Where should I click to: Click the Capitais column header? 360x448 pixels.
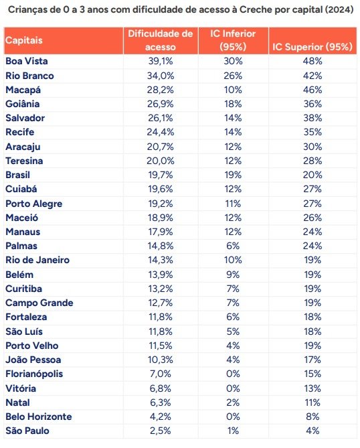tap(23, 40)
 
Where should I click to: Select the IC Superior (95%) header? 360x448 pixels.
tap(312, 47)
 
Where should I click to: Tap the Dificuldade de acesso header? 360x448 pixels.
tap(161, 40)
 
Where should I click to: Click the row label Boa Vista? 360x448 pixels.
tap(27, 61)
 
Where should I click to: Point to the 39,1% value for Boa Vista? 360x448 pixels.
tap(161, 61)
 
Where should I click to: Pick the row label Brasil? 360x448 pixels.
tap(17, 175)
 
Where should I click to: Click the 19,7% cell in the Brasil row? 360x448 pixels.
tap(161, 175)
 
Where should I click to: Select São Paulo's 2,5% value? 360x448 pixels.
tap(161, 431)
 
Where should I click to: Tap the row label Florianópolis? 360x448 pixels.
tap(34, 374)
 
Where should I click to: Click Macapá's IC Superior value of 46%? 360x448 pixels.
tap(312, 90)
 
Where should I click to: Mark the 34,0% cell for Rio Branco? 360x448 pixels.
tap(161, 76)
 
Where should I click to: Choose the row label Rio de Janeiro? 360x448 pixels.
tap(37, 260)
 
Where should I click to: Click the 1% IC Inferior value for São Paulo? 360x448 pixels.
tap(233, 431)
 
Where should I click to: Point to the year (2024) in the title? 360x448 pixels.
tap(339, 10)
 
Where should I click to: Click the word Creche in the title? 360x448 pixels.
tap(256, 10)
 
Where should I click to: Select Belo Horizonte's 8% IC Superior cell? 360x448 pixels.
tap(312, 417)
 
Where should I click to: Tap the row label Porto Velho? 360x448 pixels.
tap(32, 346)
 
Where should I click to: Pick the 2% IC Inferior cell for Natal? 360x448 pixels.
tap(233, 402)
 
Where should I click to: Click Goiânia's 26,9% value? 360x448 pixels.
tap(161, 104)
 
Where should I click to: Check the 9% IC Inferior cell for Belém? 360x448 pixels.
tap(233, 275)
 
